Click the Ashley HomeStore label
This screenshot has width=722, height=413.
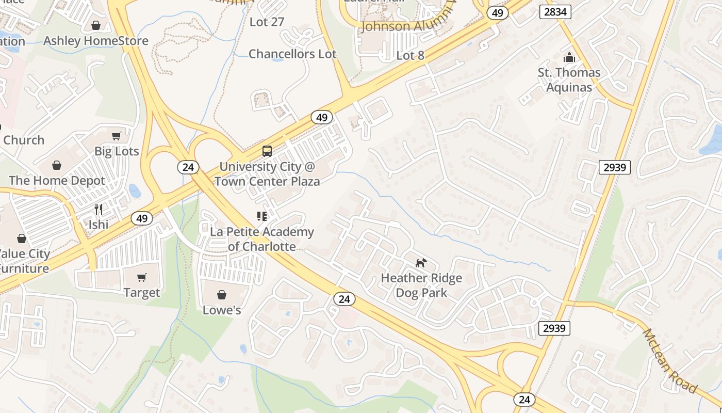[x=96, y=41]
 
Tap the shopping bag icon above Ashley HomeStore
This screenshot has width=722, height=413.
[x=96, y=25]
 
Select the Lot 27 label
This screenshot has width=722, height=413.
[x=267, y=22]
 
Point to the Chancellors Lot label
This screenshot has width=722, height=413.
[x=292, y=54]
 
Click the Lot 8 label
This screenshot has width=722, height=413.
[x=411, y=55]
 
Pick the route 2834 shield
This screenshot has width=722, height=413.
[x=555, y=11]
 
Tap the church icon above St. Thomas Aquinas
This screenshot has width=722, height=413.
[x=569, y=57]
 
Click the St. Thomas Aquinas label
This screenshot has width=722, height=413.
[x=569, y=80]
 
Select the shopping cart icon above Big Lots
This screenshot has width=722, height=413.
[x=117, y=136]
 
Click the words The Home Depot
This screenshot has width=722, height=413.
[x=57, y=181]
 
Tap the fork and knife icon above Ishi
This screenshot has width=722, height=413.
[x=99, y=209]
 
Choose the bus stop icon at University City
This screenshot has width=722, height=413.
[x=267, y=151]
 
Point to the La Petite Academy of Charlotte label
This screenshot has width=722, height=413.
[x=261, y=239]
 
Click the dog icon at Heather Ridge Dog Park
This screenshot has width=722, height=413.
[x=421, y=263]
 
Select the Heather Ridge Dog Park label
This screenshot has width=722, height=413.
[x=421, y=285]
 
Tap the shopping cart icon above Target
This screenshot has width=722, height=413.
[x=142, y=277]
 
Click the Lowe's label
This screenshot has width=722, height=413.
[x=222, y=310]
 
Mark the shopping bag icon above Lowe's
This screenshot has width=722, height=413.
[x=222, y=295]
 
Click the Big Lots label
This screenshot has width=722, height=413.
[x=117, y=151]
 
